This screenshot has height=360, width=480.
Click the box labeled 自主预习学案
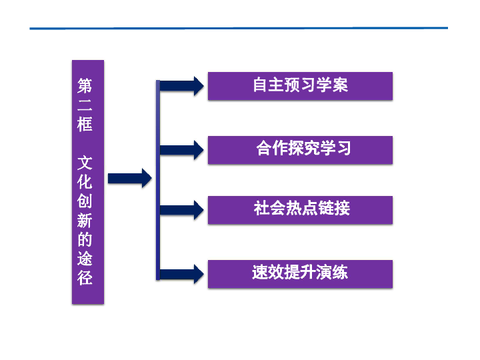[300, 86]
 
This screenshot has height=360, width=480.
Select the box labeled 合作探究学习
[300, 150]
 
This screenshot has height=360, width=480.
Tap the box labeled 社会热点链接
[300, 210]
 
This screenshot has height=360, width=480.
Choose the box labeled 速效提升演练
[300, 274]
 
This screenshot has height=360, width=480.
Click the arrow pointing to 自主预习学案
[181, 86]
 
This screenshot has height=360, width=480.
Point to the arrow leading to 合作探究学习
[181, 150]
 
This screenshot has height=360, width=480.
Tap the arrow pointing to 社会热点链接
[181, 210]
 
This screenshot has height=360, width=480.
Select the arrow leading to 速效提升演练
[181, 274]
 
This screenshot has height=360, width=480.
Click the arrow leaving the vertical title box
[130, 178]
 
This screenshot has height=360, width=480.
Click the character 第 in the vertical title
[85, 85]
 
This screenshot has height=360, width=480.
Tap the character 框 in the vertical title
[85, 124]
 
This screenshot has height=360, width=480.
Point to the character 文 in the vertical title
[85, 163]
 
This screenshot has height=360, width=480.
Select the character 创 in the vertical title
[85, 201]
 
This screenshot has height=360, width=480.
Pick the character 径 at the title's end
[85, 278]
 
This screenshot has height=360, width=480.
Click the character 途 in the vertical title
[85, 259]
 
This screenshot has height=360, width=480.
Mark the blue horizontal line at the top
[239, 28]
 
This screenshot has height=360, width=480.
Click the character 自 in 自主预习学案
[261, 85]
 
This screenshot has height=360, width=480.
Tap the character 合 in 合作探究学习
[264, 148]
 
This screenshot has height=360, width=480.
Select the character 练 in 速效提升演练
[340, 272]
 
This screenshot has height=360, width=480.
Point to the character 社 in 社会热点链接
[261, 208]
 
